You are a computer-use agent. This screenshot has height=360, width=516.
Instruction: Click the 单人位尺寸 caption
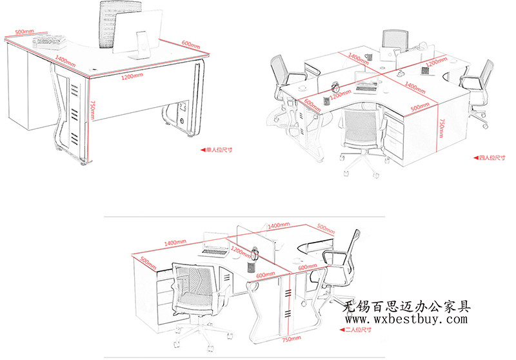(x=219, y=150)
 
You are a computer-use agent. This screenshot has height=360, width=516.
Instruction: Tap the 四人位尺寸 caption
(x=492, y=158)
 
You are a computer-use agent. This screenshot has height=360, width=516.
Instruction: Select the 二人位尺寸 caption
(x=359, y=330)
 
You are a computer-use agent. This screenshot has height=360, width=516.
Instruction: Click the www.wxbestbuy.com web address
(x=406, y=319)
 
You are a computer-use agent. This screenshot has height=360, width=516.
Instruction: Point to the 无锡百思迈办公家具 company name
(x=407, y=306)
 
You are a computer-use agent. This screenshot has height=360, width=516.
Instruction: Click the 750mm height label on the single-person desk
(x=93, y=110)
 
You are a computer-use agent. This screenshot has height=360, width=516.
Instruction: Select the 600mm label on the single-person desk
(x=191, y=45)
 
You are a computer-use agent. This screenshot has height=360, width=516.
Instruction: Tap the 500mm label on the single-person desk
(x=25, y=32)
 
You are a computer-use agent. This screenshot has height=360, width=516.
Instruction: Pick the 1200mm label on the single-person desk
(x=132, y=76)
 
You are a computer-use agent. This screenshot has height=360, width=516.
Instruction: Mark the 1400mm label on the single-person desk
(x=65, y=61)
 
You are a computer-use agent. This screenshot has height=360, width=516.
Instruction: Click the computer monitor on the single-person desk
(x=138, y=35)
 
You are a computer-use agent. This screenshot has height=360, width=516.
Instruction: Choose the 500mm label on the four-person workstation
(x=420, y=107)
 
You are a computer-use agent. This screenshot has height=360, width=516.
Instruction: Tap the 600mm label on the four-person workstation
(x=312, y=105)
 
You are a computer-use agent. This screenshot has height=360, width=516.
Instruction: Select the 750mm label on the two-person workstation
(x=292, y=339)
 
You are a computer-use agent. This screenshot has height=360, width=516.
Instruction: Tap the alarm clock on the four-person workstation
(x=335, y=87)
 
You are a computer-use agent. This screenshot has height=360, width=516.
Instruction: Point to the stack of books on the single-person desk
(x=50, y=41)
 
